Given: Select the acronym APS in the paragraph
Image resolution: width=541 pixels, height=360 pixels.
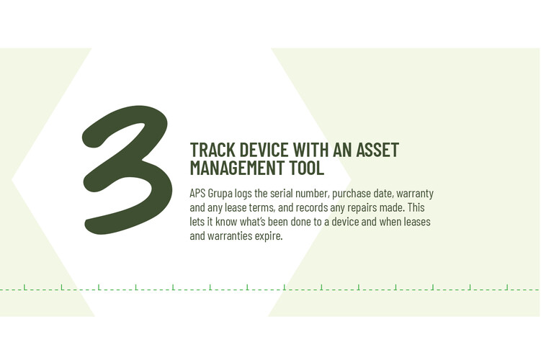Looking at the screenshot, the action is [x=197, y=194].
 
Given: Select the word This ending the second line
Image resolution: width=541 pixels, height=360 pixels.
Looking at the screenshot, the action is [x=416, y=207].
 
